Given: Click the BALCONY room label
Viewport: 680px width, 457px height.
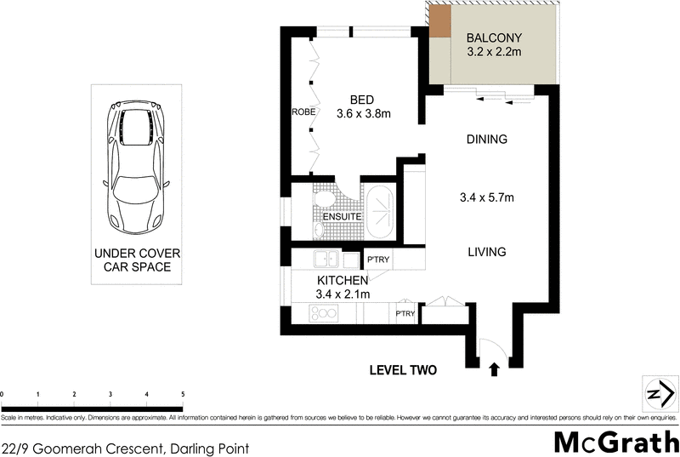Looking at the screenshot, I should [494, 38].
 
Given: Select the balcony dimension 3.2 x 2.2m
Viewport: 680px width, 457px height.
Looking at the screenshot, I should [494, 53].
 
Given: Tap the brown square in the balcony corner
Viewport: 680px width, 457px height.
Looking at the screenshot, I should [439, 22].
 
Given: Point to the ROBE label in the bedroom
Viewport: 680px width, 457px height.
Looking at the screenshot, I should [303, 112].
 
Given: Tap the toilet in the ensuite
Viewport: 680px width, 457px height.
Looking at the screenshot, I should [322, 200].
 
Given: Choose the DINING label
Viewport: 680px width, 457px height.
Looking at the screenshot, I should [487, 140].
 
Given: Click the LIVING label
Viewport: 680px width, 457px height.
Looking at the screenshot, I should [486, 252].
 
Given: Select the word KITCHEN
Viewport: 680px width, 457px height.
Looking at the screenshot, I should [343, 280].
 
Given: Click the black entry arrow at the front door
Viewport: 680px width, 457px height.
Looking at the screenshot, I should [493, 369].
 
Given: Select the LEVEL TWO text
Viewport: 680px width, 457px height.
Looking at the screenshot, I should [402, 370].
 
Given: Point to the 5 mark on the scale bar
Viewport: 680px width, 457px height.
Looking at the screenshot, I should [183, 395].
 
